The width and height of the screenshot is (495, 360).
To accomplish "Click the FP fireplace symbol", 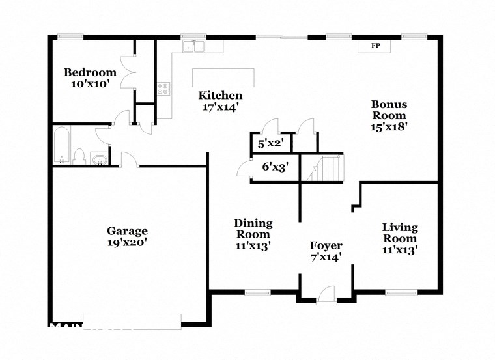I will [x=375, y=46].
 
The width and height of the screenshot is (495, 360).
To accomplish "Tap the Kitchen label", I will [x=220, y=96].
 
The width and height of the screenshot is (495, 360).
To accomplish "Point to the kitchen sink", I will [x=193, y=46].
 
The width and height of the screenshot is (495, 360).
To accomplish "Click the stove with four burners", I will [x=163, y=89].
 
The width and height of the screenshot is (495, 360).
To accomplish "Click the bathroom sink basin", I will [x=100, y=159].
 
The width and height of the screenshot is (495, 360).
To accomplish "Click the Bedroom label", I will [x=90, y=72].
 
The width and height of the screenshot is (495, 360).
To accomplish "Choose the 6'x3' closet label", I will [x=275, y=167].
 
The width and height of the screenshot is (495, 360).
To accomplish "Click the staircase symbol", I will [x=327, y=169].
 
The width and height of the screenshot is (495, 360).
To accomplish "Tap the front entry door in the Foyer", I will [x=326, y=294].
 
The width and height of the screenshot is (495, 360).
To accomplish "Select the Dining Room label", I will [x=253, y=228].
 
